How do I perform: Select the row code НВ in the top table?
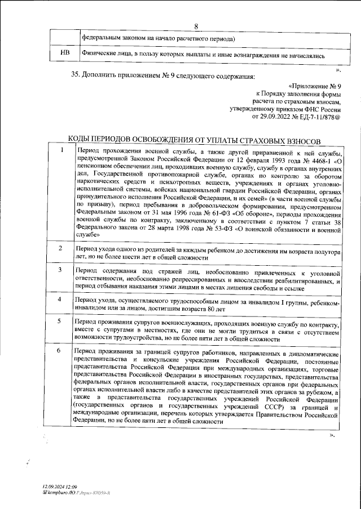coord(64,55)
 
